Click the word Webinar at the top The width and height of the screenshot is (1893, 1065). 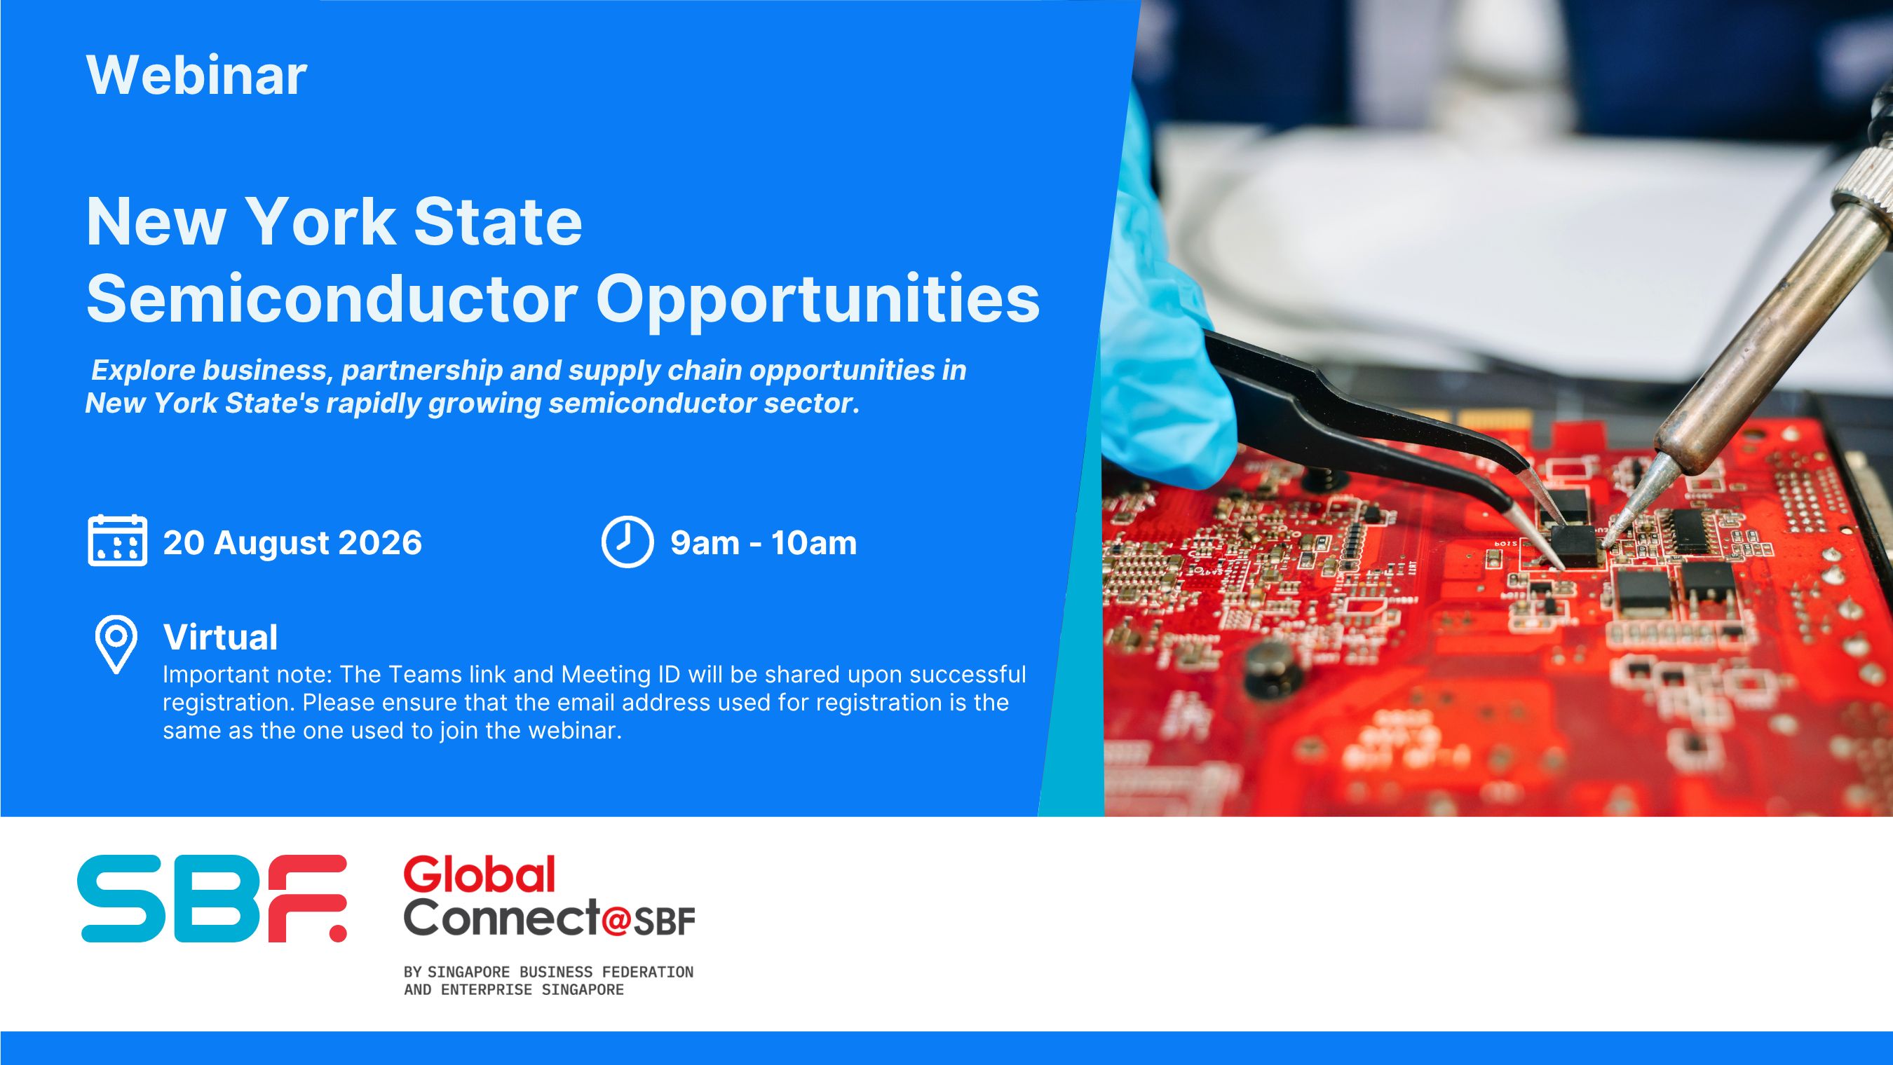click(197, 75)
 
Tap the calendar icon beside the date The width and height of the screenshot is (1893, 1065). click(117, 541)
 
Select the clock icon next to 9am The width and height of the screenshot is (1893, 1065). click(627, 542)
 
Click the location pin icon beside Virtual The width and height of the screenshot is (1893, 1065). click(116, 645)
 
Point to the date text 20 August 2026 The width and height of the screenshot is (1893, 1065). click(292, 543)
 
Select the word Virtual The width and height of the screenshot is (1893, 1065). click(220, 637)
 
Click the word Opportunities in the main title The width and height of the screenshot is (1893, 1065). click(818, 301)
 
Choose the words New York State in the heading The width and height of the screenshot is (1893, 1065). click(334, 222)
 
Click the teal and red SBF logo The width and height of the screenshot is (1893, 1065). click(212, 898)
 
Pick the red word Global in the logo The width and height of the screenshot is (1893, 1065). click(479, 874)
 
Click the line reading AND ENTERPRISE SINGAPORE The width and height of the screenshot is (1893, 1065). click(514, 989)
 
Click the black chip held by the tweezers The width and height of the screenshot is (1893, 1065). click(1575, 545)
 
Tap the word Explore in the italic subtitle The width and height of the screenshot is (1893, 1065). click(142, 370)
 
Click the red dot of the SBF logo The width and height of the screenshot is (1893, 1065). click(336, 931)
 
